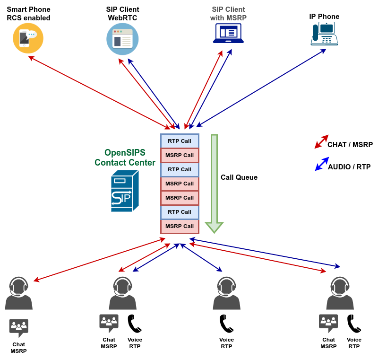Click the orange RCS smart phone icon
point(28,38)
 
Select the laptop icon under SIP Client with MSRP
point(228,34)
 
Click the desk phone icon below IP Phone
point(324,34)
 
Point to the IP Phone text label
point(324,17)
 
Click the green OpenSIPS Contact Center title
point(125,158)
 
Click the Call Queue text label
point(239,177)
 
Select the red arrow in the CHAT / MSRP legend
point(321,141)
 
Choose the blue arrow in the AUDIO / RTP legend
point(322,164)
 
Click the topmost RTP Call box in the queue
point(180,141)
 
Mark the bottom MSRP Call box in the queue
point(180,226)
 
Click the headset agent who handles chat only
point(19,293)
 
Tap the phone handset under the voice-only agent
point(226,324)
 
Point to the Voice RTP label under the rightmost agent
point(354,343)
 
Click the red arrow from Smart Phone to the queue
point(99,92)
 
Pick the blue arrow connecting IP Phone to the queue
point(261,88)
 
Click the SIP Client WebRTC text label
point(122,14)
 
